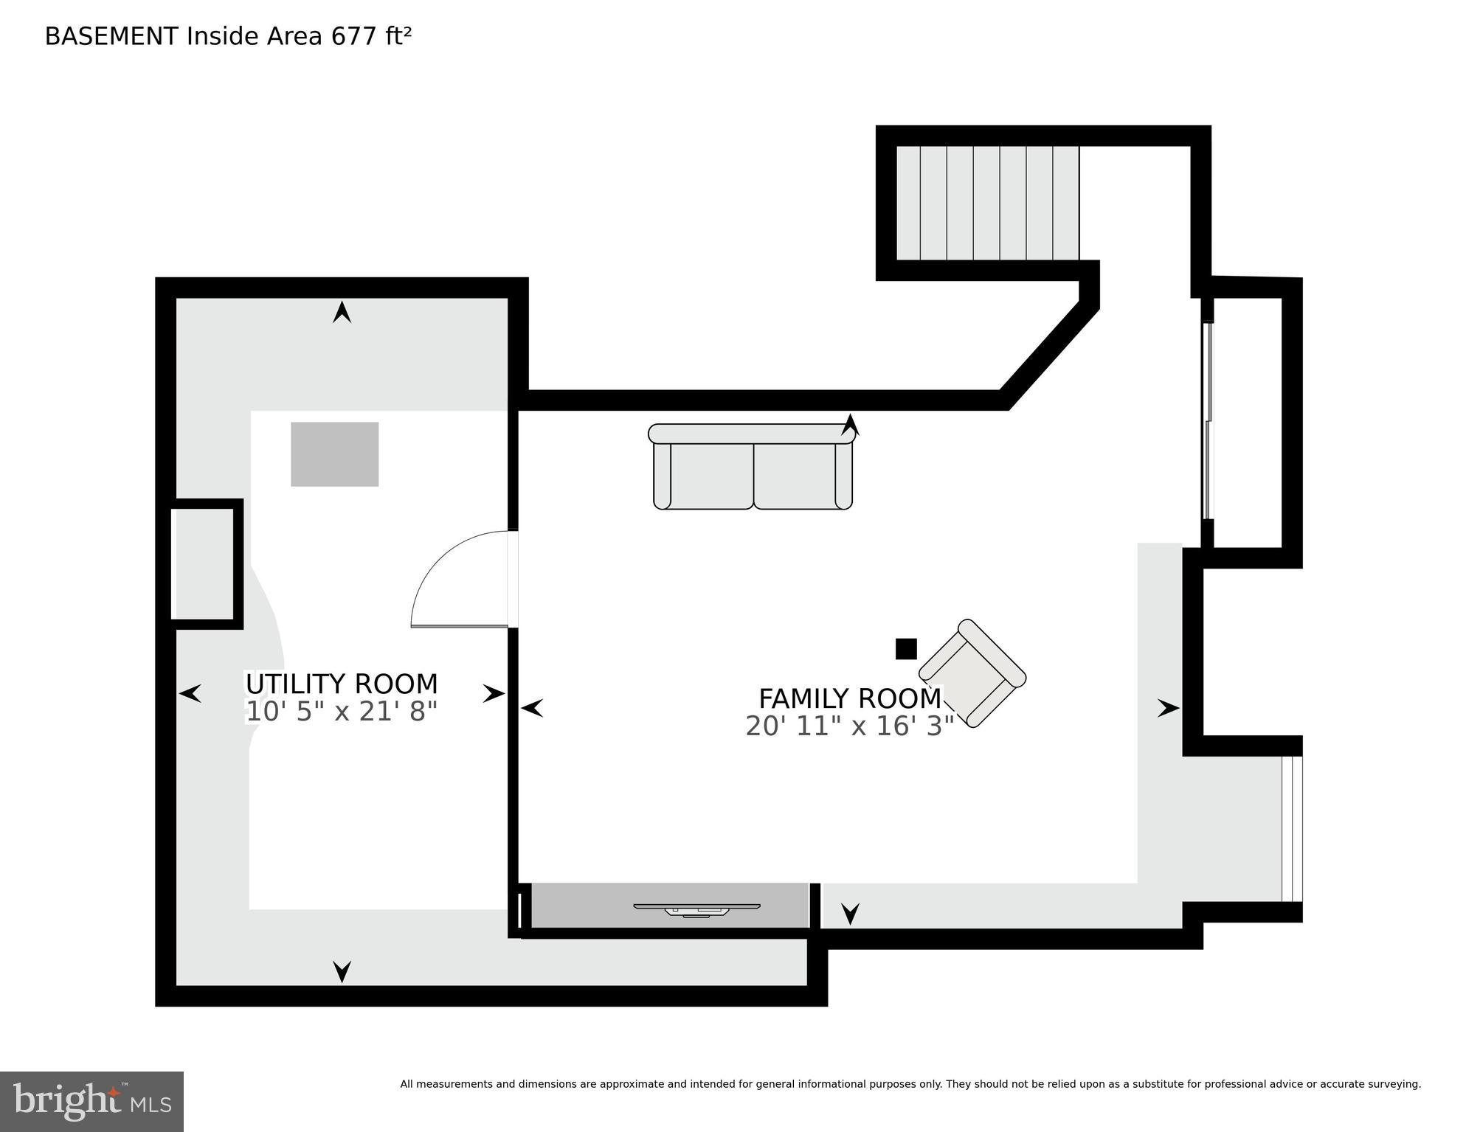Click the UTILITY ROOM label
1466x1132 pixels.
click(341, 684)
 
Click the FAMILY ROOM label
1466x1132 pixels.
click(849, 698)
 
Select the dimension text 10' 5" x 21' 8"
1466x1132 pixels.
click(341, 712)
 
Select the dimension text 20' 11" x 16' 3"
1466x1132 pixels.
click(849, 726)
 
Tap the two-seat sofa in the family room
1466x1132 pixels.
click(753, 468)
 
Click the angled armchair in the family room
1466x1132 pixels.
click(972, 673)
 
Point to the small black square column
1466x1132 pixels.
click(905, 649)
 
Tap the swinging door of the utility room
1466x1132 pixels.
click(461, 583)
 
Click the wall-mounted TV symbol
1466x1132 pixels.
click(696, 909)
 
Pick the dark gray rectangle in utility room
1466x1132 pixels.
click(334, 454)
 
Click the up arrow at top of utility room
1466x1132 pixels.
click(342, 312)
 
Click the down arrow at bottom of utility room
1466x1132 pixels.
click(342, 971)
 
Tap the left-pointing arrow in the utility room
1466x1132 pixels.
click(190, 693)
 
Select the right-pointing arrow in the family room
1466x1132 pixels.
click(1168, 708)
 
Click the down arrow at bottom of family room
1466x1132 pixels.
click(850, 914)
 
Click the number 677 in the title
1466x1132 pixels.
click(354, 36)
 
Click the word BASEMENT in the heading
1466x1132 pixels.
click(111, 36)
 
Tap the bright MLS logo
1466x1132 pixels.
click(91, 1101)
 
